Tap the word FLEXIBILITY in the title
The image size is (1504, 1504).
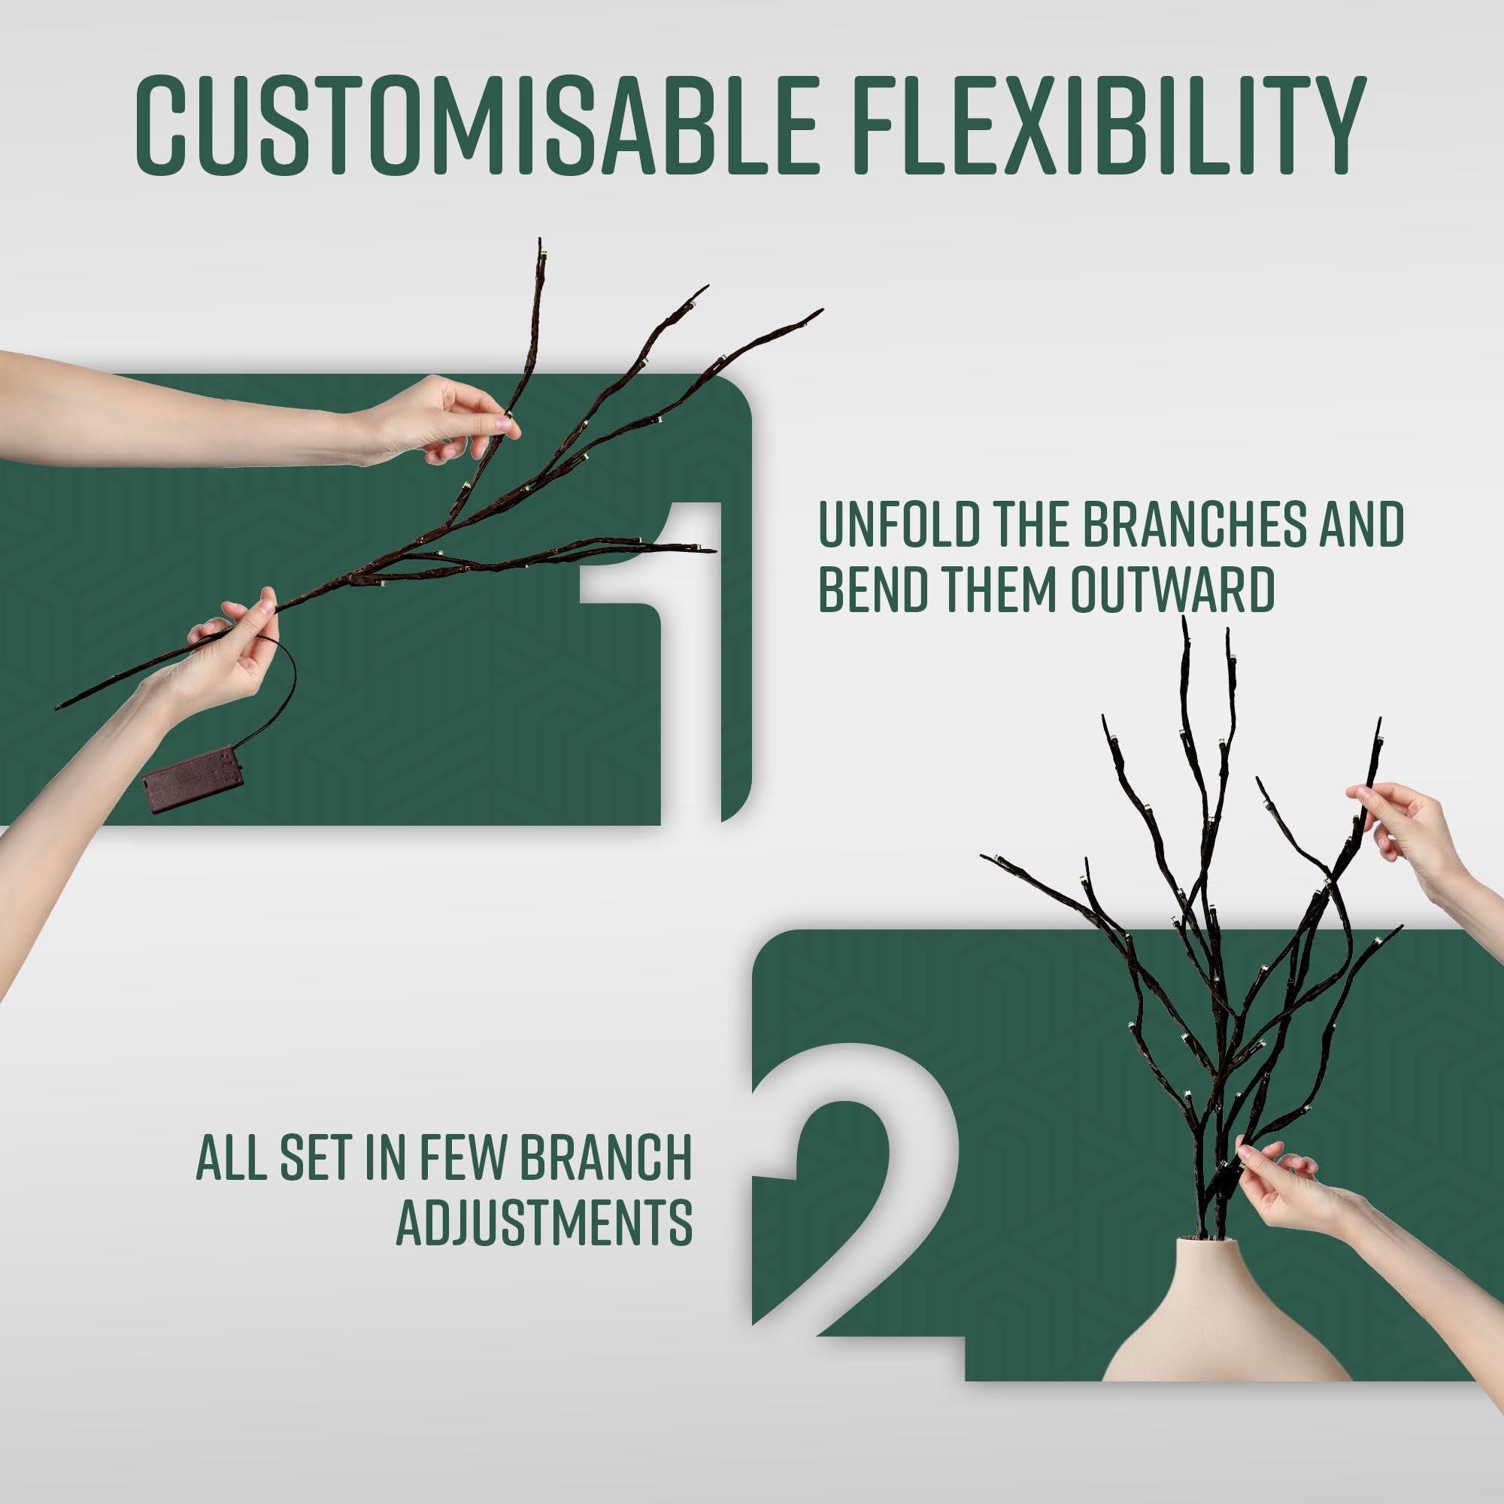(1108, 126)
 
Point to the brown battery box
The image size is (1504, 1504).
(193, 778)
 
